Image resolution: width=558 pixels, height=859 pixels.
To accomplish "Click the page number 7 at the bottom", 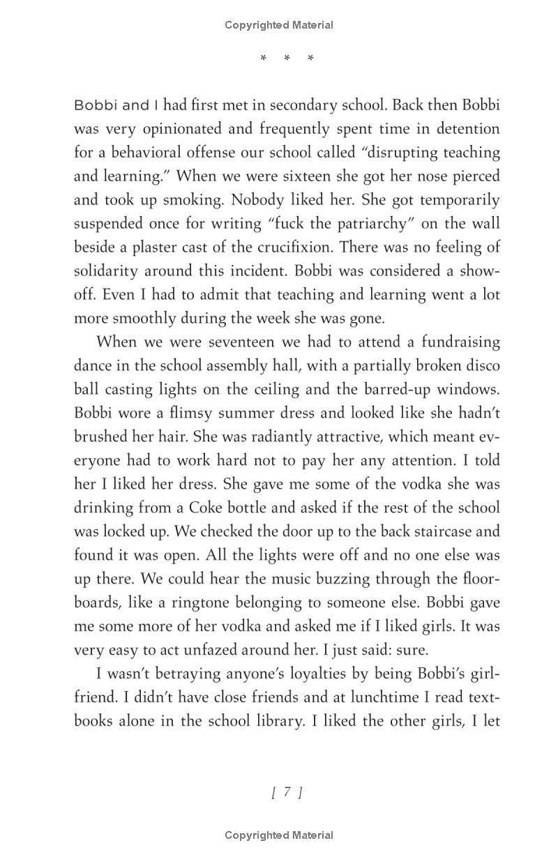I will point(287,792).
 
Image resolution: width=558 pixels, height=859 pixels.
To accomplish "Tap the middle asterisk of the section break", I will point(287,59).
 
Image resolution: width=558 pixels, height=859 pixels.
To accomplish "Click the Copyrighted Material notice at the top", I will point(279,25).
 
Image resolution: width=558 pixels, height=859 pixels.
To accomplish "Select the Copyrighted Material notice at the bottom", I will point(279,835).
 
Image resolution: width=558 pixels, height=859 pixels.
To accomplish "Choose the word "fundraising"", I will point(456,342).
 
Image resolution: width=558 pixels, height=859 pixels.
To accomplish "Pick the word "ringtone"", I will point(236,603).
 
